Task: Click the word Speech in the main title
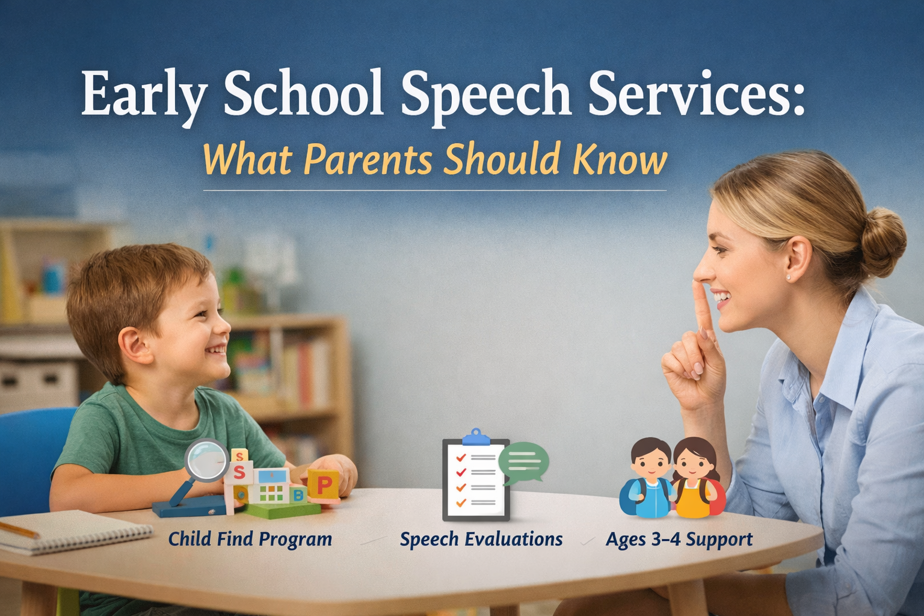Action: pos(485,94)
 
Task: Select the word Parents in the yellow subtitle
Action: pos(368,159)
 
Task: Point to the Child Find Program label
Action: pos(250,539)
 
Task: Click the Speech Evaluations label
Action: pos(481,539)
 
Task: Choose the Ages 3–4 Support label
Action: pos(679,539)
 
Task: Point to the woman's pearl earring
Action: pos(788,277)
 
